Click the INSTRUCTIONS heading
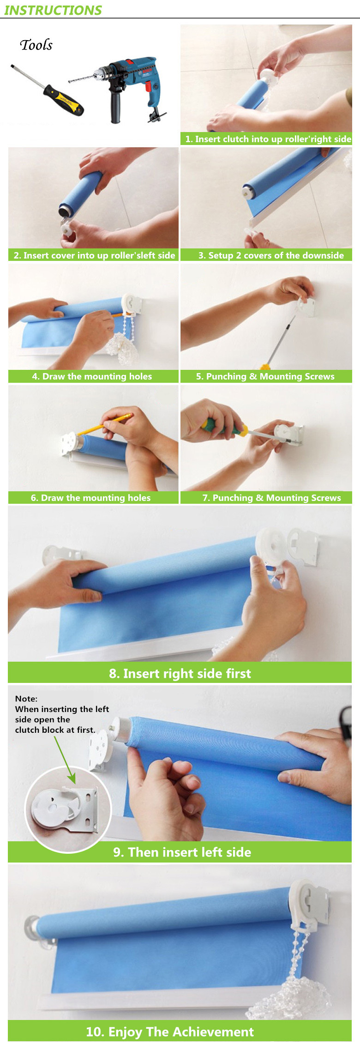coord(53,10)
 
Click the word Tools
coord(36,45)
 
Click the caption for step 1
coord(268,139)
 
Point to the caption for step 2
coord(94,255)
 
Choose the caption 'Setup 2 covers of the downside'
coord(271,255)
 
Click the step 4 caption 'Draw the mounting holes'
coord(92,376)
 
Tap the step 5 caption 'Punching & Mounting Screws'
coord(265,376)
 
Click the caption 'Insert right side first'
coord(180,673)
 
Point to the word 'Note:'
coord(26,699)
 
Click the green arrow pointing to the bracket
coord(65,760)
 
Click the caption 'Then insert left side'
coord(182,852)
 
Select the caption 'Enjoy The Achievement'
coord(170,1032)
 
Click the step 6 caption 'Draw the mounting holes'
coord(90,498)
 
